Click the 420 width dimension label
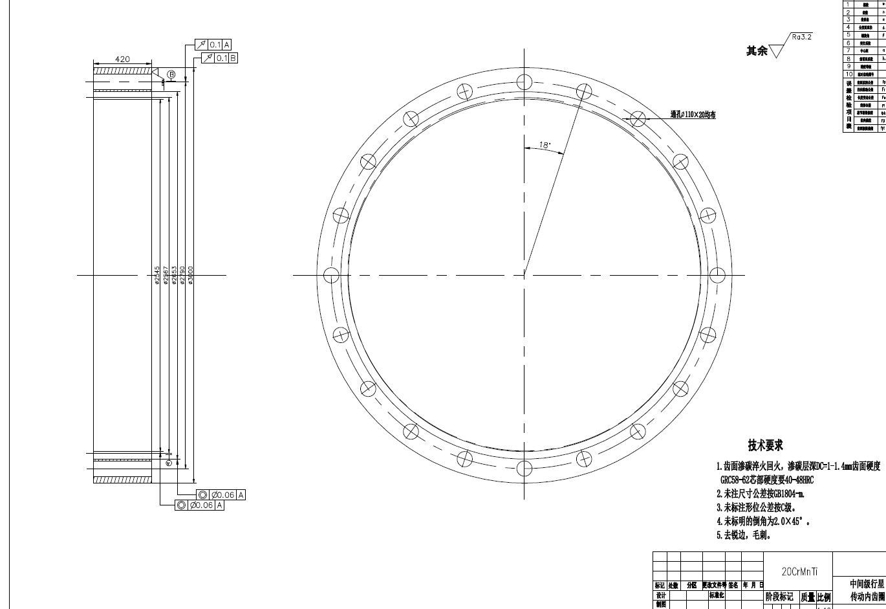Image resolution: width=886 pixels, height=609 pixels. pyautogui.click(x=122, y=59)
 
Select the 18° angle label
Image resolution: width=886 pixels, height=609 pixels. pyautogui.click(x=545, y=146)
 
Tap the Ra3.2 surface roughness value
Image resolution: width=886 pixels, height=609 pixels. pyautogui.click(x=801, y=37)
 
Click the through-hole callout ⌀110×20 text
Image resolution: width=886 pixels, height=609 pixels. pyautogui.click(x=693, y=115)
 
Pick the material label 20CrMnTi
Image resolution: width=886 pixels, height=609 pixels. pyautogui.click(x=799, y=571)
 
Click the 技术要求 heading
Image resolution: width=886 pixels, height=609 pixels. pyautogui.click(x=766, y=445)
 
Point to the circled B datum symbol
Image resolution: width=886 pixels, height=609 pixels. pyautogui.click(x=171, y=75)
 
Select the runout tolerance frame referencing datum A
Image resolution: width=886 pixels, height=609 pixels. pyautogui.click(x=213, y=45)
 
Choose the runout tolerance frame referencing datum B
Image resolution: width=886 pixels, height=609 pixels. pyautogui.click(x=219, y=58)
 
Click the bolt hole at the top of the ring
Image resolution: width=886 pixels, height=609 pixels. pyautogui.click(x=524, y=82)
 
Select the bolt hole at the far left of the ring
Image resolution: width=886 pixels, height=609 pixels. pyautogui.click(x=331, y=275)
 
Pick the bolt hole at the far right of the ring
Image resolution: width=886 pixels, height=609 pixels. pyautogui.click(x=717, y=275)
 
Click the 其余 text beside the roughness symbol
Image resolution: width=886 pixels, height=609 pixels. pyautogui.click(x=757, y=50)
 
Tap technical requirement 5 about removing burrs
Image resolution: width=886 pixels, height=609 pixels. pyautogui.click(x=744, y=535)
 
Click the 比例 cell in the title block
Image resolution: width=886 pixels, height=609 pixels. pyautogui.click(x=823, y=597)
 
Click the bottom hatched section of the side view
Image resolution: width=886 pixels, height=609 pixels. pyautogui.click(x=123, y=480)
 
